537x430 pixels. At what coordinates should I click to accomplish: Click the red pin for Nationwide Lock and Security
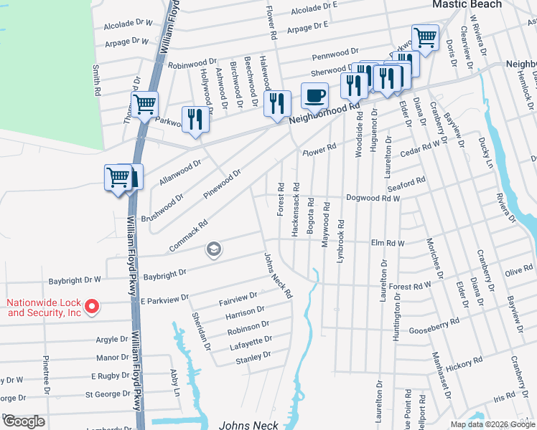coord(91,307)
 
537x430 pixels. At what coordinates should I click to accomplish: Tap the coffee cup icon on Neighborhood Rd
coord(314,95)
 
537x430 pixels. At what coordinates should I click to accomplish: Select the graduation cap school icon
coord(213,249)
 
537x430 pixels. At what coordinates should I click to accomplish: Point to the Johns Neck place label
coord(248,425)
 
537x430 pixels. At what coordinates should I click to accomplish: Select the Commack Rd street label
coord(188,236)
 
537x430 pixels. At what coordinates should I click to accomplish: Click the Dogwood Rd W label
coord(373,198)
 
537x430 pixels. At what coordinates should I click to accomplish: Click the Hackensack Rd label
coord(294,214)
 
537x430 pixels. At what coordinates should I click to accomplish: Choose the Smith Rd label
coord(95,80)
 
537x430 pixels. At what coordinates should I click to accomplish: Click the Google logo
coord(24,421)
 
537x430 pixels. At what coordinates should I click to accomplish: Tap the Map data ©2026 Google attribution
coord(492,425)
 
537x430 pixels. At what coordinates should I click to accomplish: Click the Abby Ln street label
coord(174,382)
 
